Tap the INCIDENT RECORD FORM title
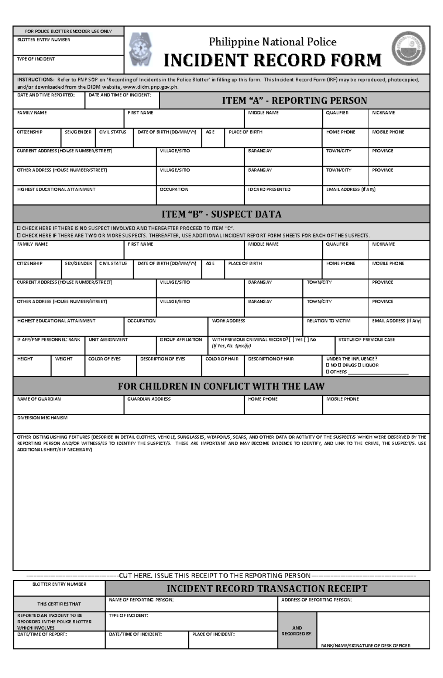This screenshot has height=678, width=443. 272,60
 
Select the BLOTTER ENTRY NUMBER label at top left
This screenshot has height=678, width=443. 44,40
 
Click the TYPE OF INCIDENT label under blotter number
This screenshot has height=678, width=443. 36,59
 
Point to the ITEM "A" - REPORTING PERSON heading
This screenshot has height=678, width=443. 294,100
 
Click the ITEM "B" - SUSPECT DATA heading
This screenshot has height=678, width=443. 221,214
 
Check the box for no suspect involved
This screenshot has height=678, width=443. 19,228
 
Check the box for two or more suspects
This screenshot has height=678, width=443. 19,236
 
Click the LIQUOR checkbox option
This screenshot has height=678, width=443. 360,365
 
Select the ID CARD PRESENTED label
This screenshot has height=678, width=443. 269,190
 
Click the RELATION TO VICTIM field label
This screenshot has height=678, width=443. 329,321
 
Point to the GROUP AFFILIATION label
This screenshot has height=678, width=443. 181,340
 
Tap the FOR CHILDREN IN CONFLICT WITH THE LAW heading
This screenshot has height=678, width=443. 221,386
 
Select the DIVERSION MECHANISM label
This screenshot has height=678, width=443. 42,418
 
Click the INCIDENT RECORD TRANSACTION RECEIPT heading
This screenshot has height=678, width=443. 267,589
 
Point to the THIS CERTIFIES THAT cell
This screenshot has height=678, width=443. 59,604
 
